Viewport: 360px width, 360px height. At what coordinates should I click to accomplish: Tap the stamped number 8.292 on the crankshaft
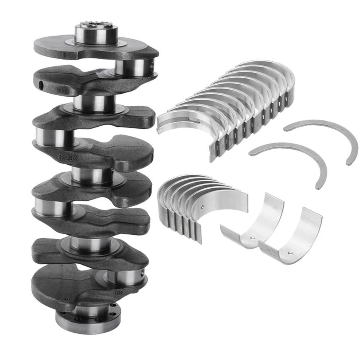(x=67, y=158)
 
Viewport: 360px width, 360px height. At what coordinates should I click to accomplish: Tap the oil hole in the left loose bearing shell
(x=252, y=237)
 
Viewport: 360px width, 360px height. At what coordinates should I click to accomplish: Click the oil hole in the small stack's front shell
(x=202, y=205)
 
